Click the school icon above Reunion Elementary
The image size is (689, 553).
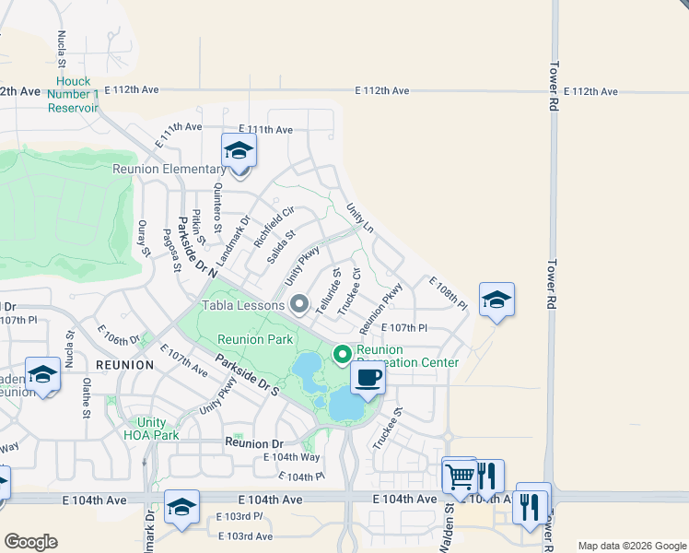point(239,150)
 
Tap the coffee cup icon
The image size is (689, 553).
point(368,377)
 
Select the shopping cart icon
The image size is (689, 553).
point(459,476)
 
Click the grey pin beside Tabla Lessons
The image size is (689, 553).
point(298,303)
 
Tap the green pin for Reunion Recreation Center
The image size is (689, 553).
point(343,354)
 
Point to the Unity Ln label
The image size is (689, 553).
point(360,218)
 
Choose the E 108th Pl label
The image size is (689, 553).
point(449,292)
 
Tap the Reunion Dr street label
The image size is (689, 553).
point(251,443)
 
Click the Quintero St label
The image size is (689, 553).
point(218,200)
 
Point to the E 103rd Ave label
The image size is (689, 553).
point(245,536)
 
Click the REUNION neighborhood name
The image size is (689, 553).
point(124,365)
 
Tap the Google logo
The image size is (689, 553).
point(30,542)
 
